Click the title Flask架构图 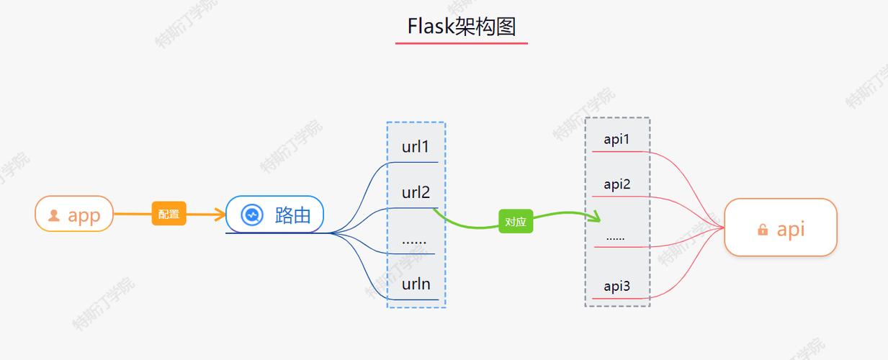tap(462, 27)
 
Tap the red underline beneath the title tap(462, 43)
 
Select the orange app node tap(74, 214)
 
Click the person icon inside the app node tap(54, 215)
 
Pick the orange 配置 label tap(169, 214)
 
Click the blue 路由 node tap(275, 215)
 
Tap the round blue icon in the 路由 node tap(251, 215)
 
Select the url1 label tap(416, 147)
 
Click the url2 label tap(416, 192)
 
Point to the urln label tap(416, 284)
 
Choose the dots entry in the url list tap(414, 240)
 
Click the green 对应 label tap(516, 222)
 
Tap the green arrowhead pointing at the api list tap(596, 217)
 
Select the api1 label tap(616, 140)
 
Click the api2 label tap(616, 184)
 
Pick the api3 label tap(616, 287)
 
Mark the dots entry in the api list tap(615, 237)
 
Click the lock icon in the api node tap(762, 230)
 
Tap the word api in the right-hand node tap(790, 229)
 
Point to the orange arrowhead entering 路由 tap(220, 214)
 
